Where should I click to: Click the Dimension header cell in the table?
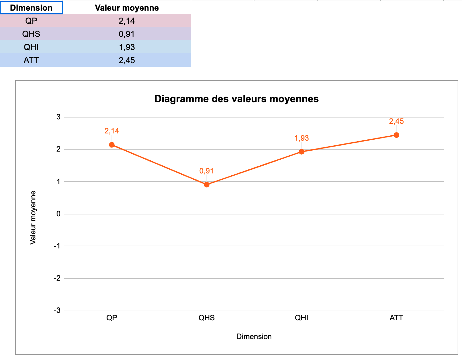pyautogui.click(x=31, y=8)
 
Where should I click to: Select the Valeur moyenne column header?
pyautogui.click(x=127, y=8)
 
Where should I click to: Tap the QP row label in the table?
pyautogui.click(x=31, y=21)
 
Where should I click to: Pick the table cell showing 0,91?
pyautogui.click(x=127, y=34)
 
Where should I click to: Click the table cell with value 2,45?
pyautogui.click(x=127, y=60)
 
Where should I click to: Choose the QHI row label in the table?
pyautogui.click(x=31, y=47)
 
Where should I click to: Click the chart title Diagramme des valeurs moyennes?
pyautogui.click(x=236, y=99)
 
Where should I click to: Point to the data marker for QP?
pyautogui.click(x=112, y=145)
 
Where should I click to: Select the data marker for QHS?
pyautogui.click(x=207, y=185)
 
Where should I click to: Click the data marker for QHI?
pyautogui.click(x=302, y=152)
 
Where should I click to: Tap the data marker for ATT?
pyautogui.click(x=396, y=135)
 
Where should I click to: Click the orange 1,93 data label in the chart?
pyautogui.click(x=302, y=138)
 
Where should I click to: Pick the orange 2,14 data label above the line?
pyautogui.click(x=112, y=131)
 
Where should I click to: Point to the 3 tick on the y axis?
pyautogui.click(x=58, y=117)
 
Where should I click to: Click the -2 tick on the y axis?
pyautogui.click(x=57, y=278)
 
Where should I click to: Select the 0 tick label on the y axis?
pyautogui.click(x=58, y=214)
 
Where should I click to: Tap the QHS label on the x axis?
pyautogui.click(x=207, y=318)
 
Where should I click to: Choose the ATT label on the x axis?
pyautogui.click(x=396, y=318)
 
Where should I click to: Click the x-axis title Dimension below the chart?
pyautogui.click(x=254, y=337)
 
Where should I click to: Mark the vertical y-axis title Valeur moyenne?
pyautogui.click(x=33, y=217)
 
